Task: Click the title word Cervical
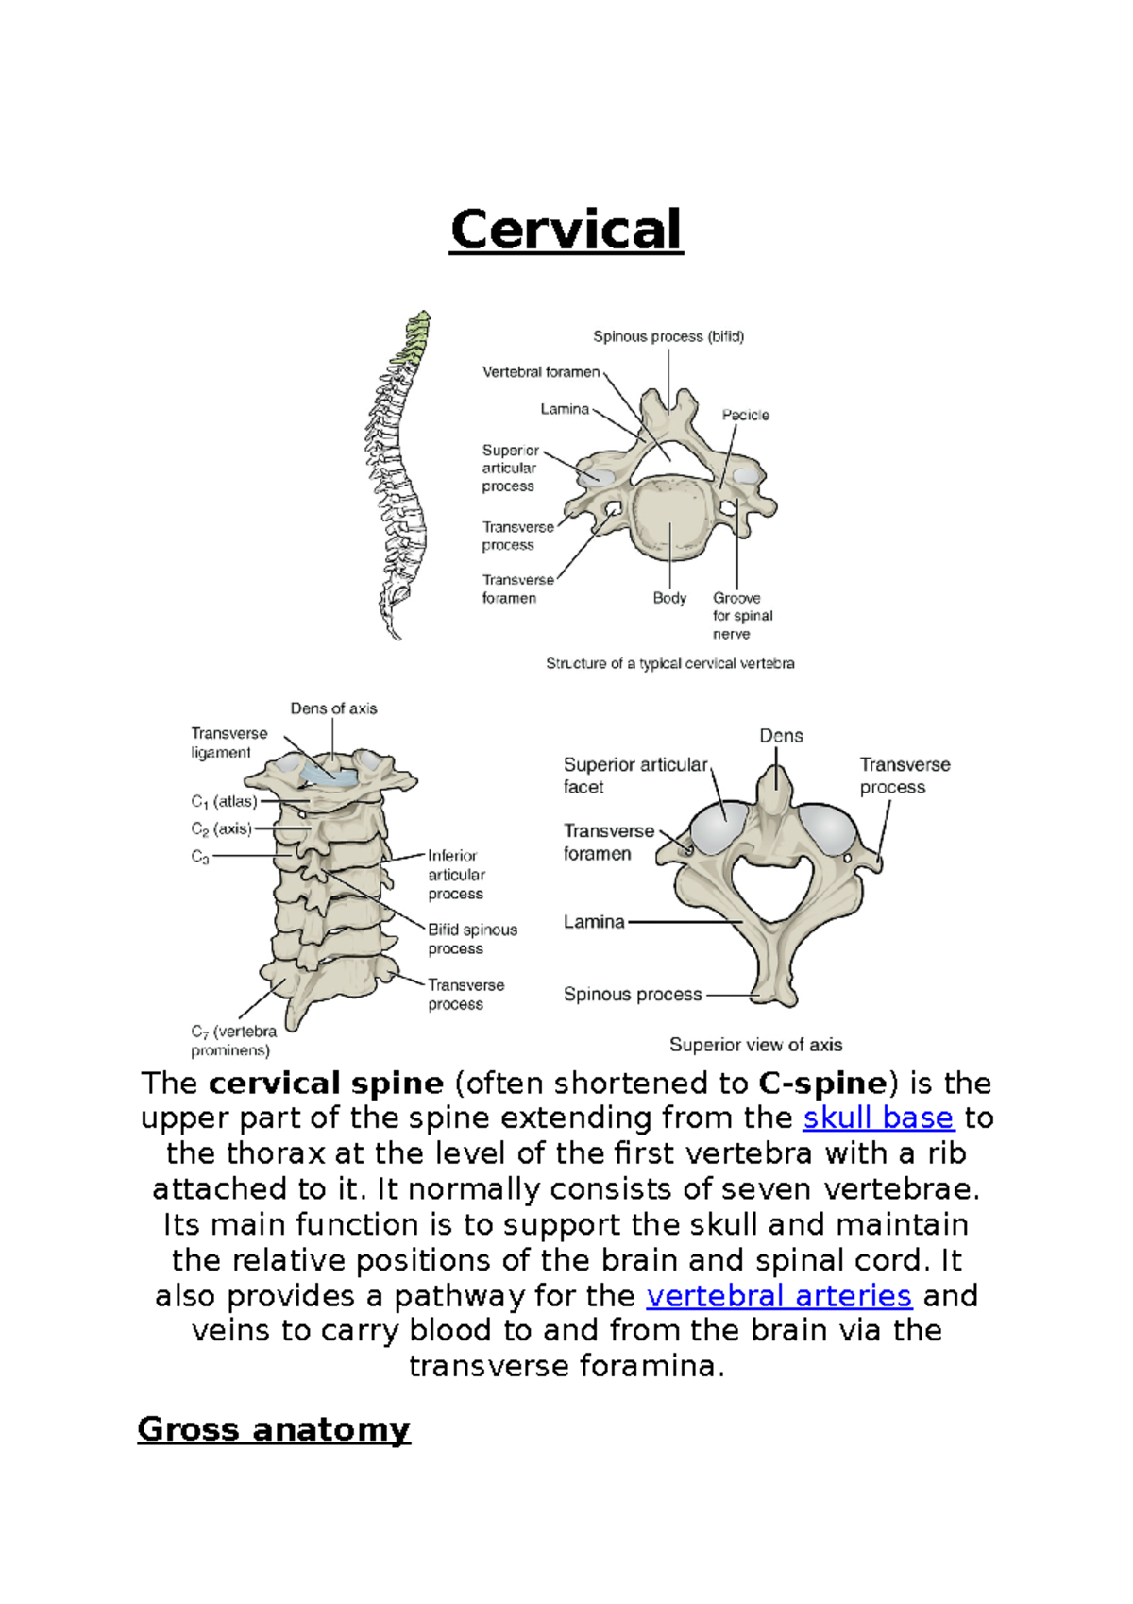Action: pyautogui.click(x=566, y=230)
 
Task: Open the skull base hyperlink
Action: pyautogui.click(x=878, y=1118)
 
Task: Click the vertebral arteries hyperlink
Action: pyautogui.click(x=779, y=1295)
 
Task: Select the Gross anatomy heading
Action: pyautogui.click(x=274, y=1428)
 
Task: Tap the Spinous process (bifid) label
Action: pyautogui.click(x=668, y=336)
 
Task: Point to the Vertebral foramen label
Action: pyautogui.click(x=541, y=372)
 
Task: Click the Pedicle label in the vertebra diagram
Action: pyautogui.click(x=745, y=415)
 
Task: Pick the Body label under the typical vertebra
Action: pyautogui.click(x=669, y=598)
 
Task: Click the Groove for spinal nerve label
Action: pyautogui.click(x=742, y=616)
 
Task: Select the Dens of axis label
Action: pyautogui.click(x=333, y=708)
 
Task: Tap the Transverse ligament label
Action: pyautogui.click(x=228, y=742)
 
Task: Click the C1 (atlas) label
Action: pyautogui.click(x=224, y=802)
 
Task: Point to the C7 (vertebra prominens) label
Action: pyautogui.click(x=233, y=1041)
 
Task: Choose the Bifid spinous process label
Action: pyautogui.click(x=472, y=939)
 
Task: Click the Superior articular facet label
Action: pyautogui.click(x=634, y=776)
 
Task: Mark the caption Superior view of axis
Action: pyautogui.click(x=755, y=1045)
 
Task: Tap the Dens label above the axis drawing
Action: pyautogui.click(x=781, y=736)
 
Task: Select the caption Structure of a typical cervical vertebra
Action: pyautogui.click(x=669, y=664)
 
